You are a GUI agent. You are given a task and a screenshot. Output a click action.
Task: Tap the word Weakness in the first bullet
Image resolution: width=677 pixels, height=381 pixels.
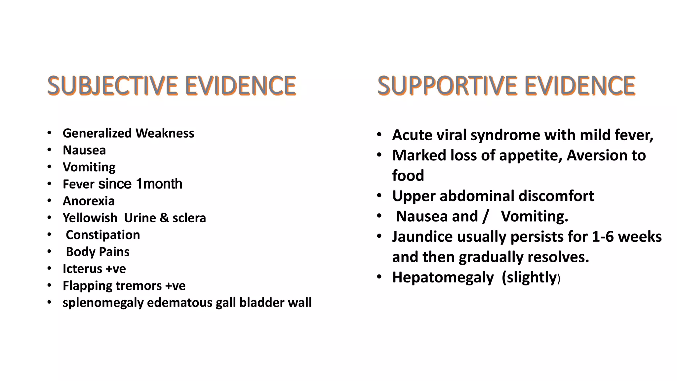coord(165,133)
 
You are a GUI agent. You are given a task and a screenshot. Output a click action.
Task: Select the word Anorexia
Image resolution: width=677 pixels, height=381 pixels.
coord(89,201)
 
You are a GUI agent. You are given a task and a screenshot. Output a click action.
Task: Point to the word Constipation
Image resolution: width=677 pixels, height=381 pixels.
coord(103,235)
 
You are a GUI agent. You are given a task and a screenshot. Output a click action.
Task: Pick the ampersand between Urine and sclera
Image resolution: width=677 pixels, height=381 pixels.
coord(164,218)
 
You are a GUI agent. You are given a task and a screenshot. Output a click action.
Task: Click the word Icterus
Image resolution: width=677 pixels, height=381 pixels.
coord(82,269)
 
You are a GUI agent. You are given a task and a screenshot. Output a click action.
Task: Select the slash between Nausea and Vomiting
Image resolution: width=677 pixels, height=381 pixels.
coord(485,217)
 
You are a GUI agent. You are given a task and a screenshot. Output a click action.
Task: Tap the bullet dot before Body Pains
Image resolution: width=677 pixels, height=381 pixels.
coord(49,252)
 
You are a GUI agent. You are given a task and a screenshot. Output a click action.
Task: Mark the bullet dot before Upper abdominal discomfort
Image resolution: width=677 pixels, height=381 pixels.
coord(379,196)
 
